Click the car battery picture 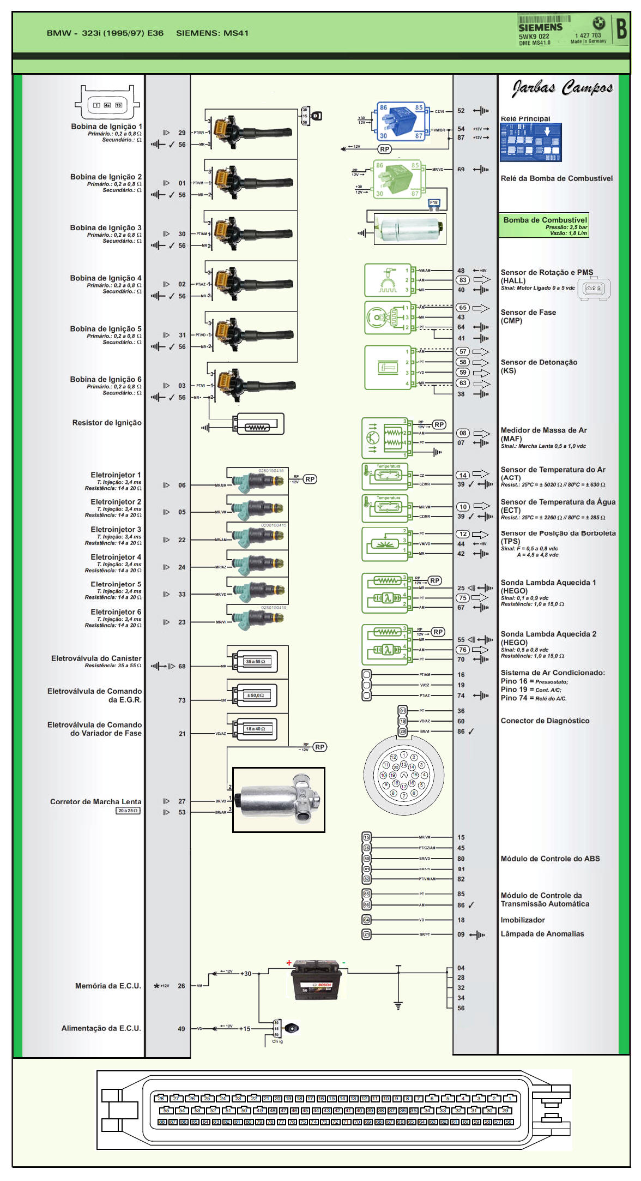pyautogui.click(x=317, y=980)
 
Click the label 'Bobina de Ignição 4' pyautogui.click(x=106, y=278)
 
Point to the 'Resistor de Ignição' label pyautogui.click(x=107, y=423)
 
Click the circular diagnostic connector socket pyautogui.click(x=404, y=775)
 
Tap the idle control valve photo pyautogui.click(x=279, y=800)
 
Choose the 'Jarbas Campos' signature pyautogui.click(x=562, y=88)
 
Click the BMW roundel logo pyautogui.click(x=599, y=23)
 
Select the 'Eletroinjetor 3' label pyautogui.click(x=116, y=530)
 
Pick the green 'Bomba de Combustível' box pyautogui.click(x=544, y=225)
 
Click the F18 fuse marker pyautogui.click(x=434, y=203)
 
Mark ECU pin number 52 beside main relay pyautogui.click(x=461, y=111)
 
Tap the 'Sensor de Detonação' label pyautogui.click(x=539, y=362)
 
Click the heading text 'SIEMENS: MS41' pyautogui.click(x=212, y=33)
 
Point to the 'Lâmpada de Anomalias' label pyautogui.click(x=542, y=934)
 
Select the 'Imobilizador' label pyautogui.click(x=523, y=920)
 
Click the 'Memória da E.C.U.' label pyautogui.click(x=108, y=986)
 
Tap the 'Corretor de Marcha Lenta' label pyautogui.click(x=95, y=802)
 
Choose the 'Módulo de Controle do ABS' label pyautogui.click(x=550, y=859)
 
